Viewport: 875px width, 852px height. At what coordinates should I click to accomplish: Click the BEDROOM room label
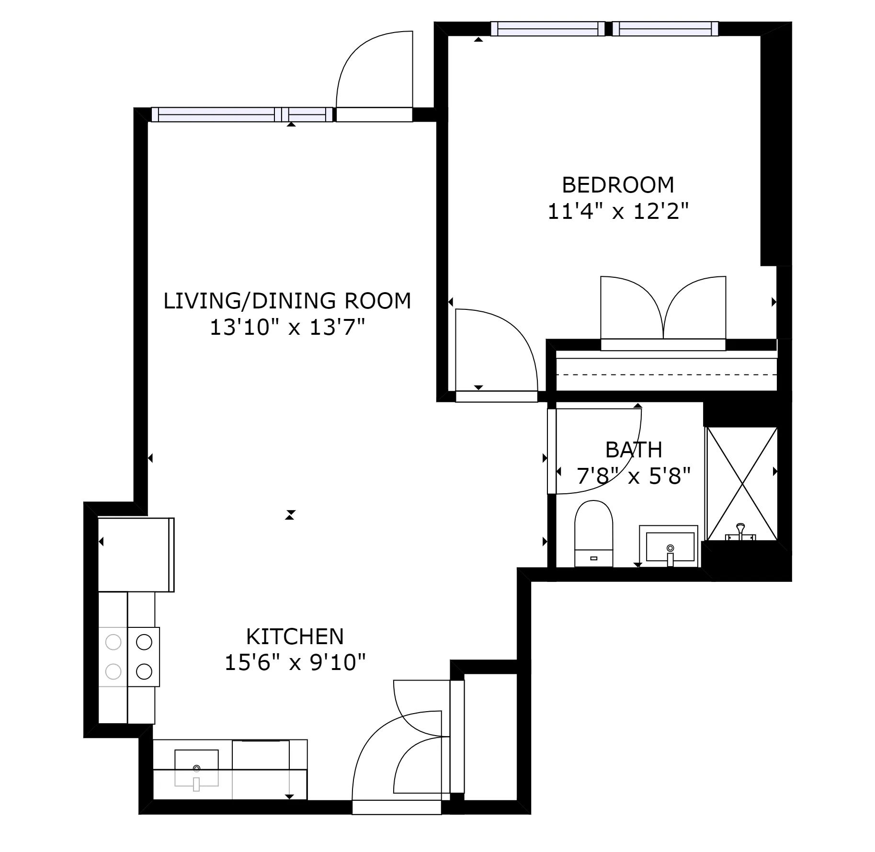pyautogui.click(x=617, y=185)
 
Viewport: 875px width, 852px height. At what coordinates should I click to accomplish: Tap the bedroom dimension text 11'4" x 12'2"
pyautogui.click(x=617, y=211)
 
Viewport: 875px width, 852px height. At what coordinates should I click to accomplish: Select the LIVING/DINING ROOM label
pyautogui.click(x=287, y=301)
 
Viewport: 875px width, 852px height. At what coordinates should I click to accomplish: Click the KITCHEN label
pyautogui.click(x=295, y=636)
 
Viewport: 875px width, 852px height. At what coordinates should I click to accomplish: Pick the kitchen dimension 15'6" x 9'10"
pyautogui.click(x=295, y=663)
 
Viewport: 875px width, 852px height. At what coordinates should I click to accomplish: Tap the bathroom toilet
pyautogui.click(x=593, y=533)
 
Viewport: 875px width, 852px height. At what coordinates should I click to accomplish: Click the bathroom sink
pyautogui.click(x=670, y=546)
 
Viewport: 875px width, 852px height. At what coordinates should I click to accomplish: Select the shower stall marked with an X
pyautogui.click(x=741, y=484)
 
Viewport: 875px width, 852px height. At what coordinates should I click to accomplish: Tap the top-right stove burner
pyautogui.click(x=144, y=642)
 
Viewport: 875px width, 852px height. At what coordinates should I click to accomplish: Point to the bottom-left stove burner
pyautogui.click(x=114, y=671)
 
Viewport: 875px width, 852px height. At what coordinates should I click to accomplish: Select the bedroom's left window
pyautogui.click(x=549, y=29)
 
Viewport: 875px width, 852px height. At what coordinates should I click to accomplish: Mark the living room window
pyautogui.click(x=242, y=114)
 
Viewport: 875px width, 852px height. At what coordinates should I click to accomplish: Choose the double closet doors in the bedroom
pyautogui.click(x=663, y=309)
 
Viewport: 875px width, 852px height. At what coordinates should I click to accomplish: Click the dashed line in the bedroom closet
pyautogui.click(x=666, y=375)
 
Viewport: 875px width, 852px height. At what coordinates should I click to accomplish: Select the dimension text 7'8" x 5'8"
pyautogui.click(x=633, y=477)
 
